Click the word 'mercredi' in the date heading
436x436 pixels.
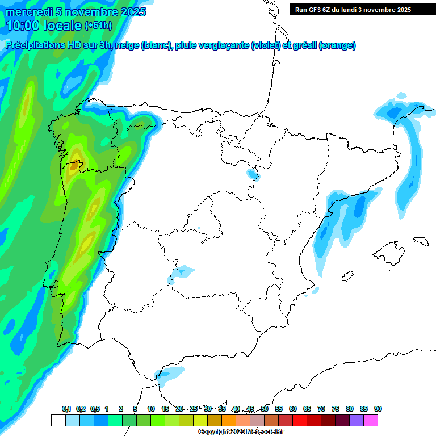(x=28, y=12)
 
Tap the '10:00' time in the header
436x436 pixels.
(x=22, y=26)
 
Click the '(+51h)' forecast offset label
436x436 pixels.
(x=98, y=26)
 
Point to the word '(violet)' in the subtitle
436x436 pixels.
(x=266, y=45)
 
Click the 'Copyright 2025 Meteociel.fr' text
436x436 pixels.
(x=241, y=432)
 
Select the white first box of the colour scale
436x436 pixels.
(x=58, y=420)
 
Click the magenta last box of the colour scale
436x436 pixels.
(x=371, y=420)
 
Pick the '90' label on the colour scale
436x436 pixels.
(x=378, y=409)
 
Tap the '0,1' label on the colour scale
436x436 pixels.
(x=66, y=409)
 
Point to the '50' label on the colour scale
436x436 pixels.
(x=265, y=409)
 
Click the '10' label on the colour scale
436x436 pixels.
(x=151, y=409)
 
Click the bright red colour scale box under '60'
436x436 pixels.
(x=300, y=420)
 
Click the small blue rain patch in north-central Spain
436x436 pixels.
(x=251, y=174)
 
